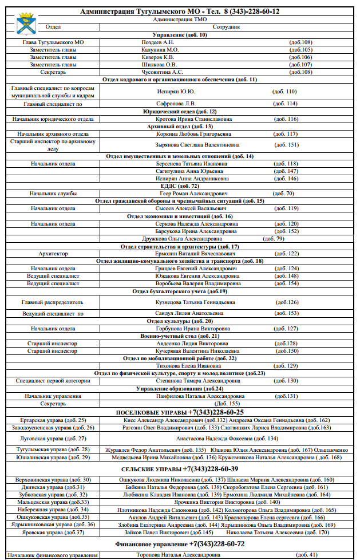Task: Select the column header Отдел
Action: point(52,27)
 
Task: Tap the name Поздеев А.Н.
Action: point(158,42)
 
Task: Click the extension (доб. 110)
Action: point(284,91)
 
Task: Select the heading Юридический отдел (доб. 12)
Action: point(180,111)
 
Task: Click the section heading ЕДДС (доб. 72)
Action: point(180,186)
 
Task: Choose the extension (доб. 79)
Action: point(272,238)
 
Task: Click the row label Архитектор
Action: point(53,253)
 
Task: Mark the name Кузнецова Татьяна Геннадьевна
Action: point(195,302)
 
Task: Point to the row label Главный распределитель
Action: point(53,302)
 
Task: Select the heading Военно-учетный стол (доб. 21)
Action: point(180,336)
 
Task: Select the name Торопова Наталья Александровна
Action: point(178,555)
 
